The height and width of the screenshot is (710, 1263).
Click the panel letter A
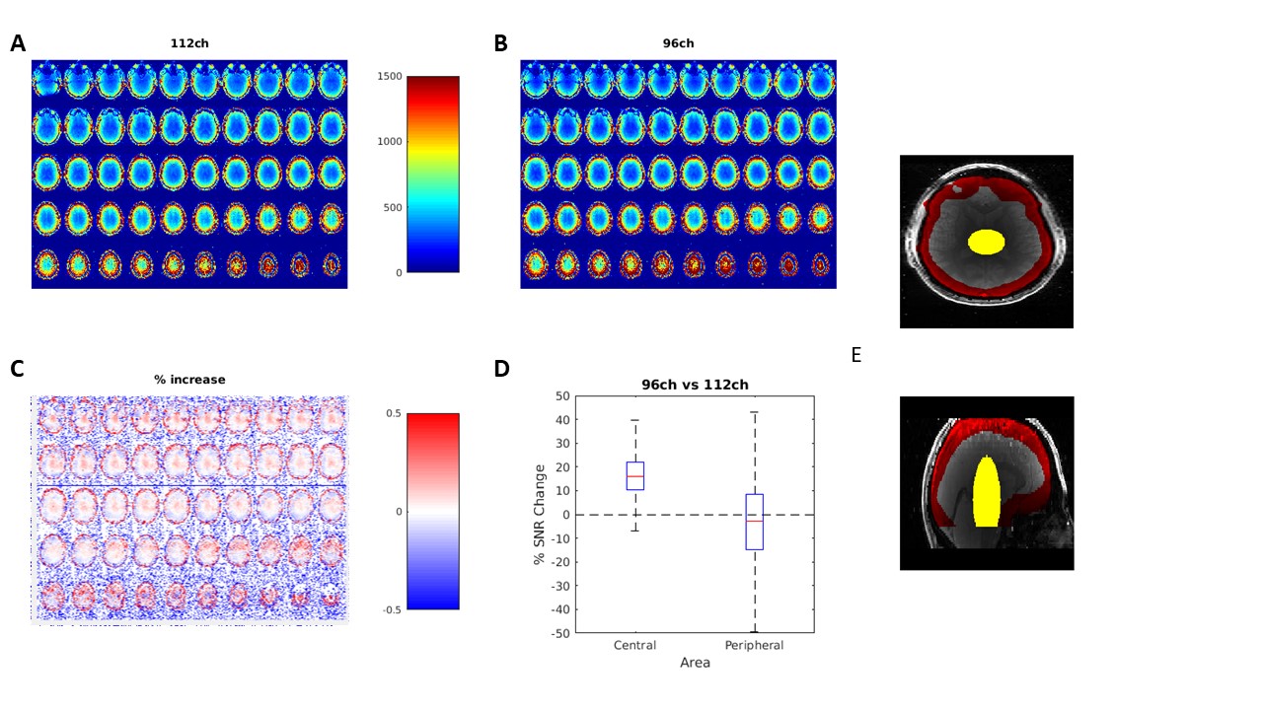click(x=18, y=43)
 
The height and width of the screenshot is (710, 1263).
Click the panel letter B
click(x=500, y=43)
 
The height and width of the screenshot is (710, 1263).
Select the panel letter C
click(x=17, y=369)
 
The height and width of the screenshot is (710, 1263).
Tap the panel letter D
click(x=501, y=369)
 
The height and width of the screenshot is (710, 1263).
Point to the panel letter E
click(x=855, y=355)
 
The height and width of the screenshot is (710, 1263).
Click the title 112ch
click(x=189, y=43)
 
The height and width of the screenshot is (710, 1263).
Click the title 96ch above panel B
click(x=678, y=43)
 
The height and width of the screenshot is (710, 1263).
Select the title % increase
click(x=189, y=380)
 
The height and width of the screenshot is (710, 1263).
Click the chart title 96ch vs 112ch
click(x=695, y=385)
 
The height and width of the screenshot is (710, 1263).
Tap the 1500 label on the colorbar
click(x=390, y=76)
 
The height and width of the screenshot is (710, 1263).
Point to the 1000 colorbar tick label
click(x=390, y=141)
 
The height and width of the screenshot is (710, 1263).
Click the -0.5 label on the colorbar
click(x=394, y=609)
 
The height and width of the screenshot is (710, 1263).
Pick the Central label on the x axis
click(x=634, y=645)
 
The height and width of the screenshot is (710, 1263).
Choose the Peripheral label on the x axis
click(x=755, y=645)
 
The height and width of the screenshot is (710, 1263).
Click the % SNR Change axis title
click(x=540, y=515)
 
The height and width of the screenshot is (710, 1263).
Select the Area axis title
click(x=695, y=663)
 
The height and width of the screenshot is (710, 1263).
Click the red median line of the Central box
click(x=635, y=476)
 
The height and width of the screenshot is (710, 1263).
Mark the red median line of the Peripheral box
click(x=755, y=522)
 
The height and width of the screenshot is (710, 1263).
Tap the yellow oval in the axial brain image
click(x=986, y=242)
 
